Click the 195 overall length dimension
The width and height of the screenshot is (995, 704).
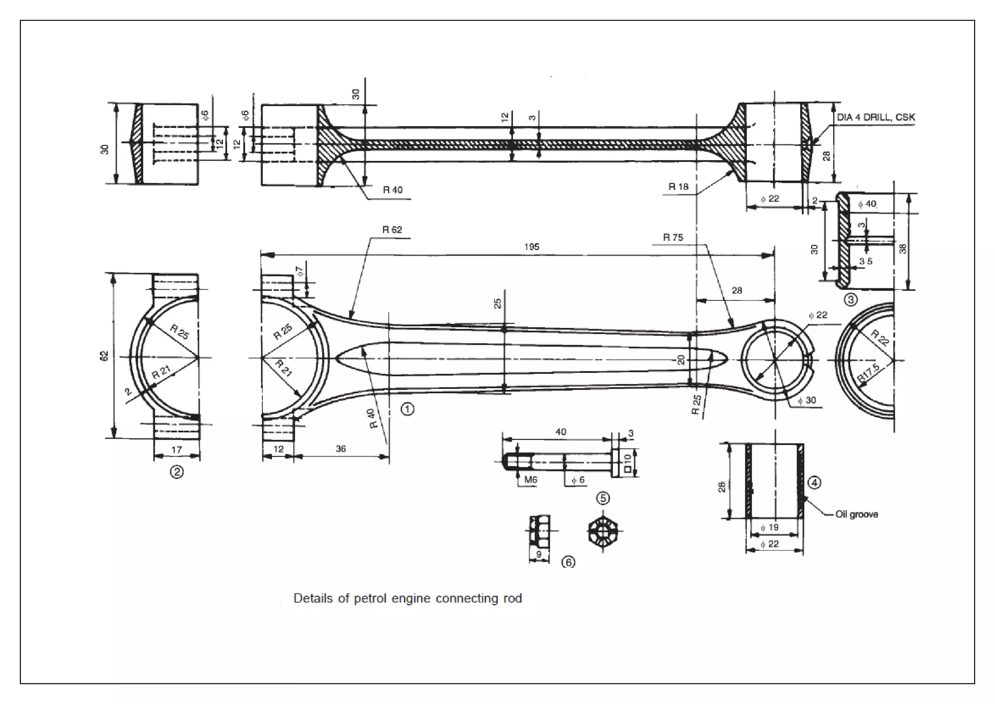(x=532, y=247)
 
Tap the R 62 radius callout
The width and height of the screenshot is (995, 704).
(x=392, y=230)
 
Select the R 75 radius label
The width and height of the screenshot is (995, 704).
(x=673, y=238)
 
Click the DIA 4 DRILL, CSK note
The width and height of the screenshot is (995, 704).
(x=875, y=118)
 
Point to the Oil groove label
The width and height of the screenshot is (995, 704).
(x=857, y=514)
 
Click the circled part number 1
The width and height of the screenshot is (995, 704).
(x=407, y=409)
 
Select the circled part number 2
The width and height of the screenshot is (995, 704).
(x=176, y=472)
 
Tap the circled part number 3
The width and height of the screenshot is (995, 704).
(x=850, y=300)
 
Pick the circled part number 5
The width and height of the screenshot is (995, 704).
(x=603, y=498)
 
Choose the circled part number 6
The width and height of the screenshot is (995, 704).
(x=568, y=563)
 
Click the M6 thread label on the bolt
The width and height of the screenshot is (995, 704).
(x=531, y=480)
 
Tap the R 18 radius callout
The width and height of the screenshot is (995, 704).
(x=678, y=187)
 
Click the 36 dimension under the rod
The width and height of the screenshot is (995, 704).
(x=341, y=449)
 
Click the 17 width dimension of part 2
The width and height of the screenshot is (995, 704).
(x=176, y=450)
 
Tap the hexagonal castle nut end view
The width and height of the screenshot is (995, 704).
(x=604, y=531)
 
